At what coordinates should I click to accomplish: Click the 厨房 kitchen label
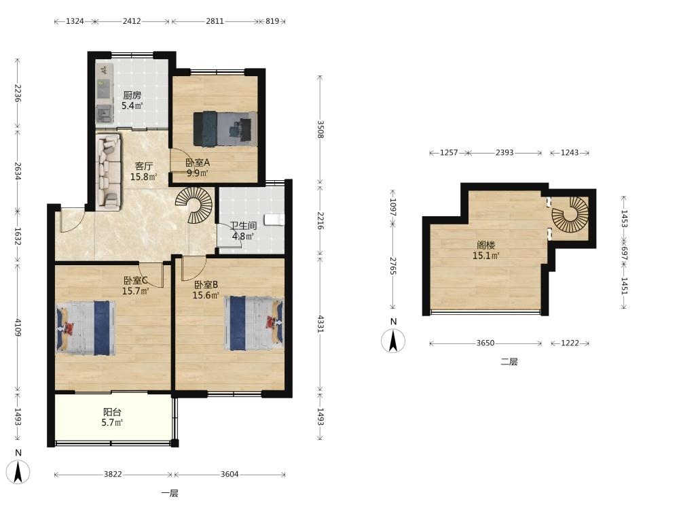[x=132, y=95]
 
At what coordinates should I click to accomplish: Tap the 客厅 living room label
[x=143, y=166]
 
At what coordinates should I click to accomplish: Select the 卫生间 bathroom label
[x=243, y=226]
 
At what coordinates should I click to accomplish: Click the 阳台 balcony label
[x=112, y=412]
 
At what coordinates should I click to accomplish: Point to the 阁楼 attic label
[x=486, y=245]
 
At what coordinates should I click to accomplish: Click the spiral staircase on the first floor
[x=195, y=204]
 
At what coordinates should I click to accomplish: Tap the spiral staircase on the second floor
[x=570, y=214]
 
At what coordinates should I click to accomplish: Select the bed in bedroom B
[x=254, y=323]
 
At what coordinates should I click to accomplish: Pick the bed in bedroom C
[x=86, y=328]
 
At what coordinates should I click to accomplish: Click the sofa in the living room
[x=108, y=171]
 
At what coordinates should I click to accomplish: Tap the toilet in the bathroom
[x=274, y=220]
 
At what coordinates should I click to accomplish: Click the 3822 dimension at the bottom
[x=113, y=475]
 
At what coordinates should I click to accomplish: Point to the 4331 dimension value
[x=320, y=324]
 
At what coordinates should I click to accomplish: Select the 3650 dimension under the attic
[x=485, y=343]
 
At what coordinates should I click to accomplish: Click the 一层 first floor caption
[x=170, y=493]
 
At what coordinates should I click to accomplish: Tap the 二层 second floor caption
[x=509, y=362]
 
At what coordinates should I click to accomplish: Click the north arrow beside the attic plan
[x=393, y=340]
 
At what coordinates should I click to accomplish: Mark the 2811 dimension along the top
[x=215, y=21]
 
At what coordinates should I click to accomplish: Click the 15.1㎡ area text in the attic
[x=486, y=256]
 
